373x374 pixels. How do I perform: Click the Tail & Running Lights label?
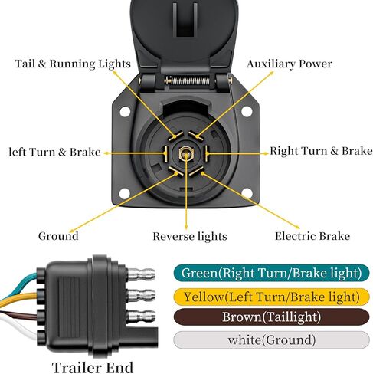73,64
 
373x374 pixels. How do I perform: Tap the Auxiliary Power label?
290,64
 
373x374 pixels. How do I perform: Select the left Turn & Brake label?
55,152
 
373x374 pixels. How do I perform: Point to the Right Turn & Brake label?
321,151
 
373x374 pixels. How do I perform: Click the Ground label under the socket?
58,236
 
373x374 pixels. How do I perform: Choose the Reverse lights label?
190,236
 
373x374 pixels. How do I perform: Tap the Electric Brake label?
312,236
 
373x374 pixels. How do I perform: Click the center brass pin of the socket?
186,154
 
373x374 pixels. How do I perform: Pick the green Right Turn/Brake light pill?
271,273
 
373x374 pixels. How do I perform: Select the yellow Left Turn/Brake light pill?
271,297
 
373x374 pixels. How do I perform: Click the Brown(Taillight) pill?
271,317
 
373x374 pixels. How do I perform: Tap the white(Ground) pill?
271,340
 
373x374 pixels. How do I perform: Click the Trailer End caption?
93,367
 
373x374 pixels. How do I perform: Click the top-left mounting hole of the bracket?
125,112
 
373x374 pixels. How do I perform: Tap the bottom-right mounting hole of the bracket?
247,193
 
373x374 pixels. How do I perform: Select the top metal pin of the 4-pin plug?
141,274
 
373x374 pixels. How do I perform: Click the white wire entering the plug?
18,326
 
